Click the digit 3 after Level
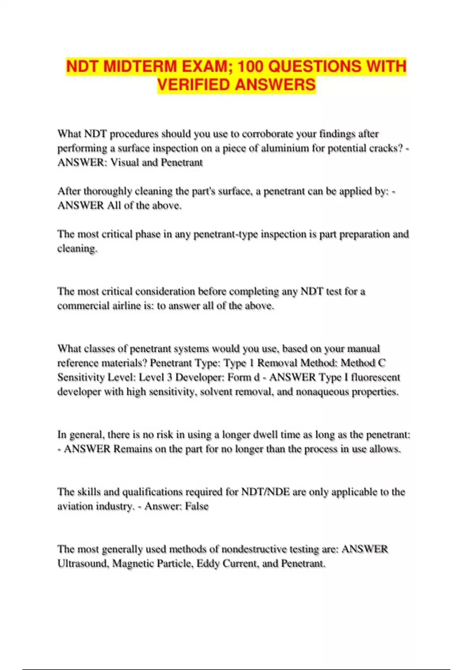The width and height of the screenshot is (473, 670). coord(169,378)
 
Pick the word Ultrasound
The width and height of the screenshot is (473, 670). coord(83,564)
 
